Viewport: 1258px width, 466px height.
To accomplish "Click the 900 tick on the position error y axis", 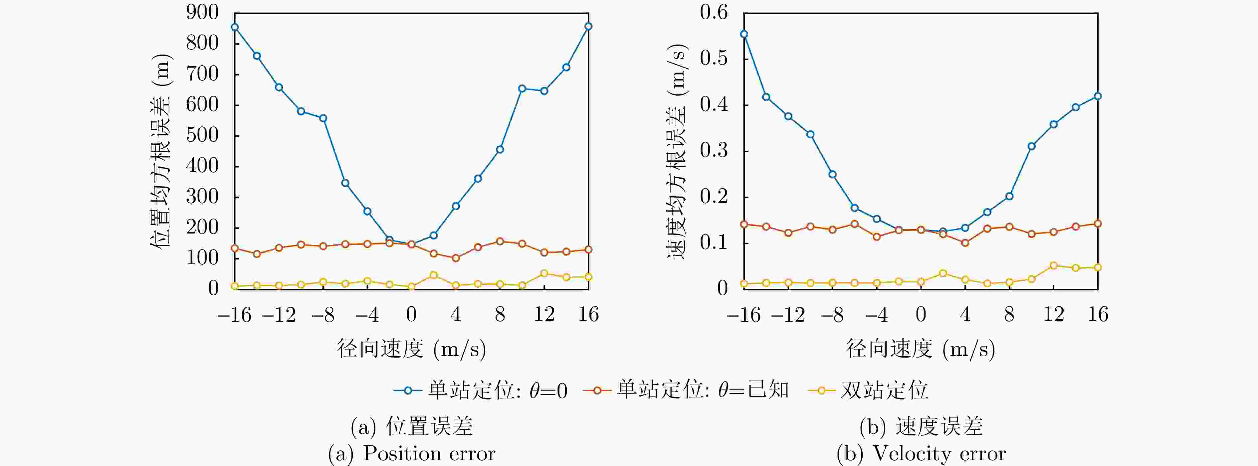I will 202,13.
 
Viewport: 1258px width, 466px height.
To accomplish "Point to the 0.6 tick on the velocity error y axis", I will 714,13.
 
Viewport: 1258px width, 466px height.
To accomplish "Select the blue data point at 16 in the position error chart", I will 588,26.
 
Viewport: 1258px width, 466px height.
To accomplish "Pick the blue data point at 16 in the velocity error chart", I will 1098,96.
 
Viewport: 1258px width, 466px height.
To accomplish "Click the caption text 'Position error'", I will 429,454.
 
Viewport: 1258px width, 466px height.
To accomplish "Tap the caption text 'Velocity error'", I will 939,454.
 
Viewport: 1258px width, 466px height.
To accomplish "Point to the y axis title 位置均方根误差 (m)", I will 161,151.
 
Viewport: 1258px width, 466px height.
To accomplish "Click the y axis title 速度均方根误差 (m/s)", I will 677,151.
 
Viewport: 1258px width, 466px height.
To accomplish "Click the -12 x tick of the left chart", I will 279,315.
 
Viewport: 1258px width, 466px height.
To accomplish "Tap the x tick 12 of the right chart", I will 1053,315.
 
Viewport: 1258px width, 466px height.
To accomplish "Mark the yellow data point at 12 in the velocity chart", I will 1053,265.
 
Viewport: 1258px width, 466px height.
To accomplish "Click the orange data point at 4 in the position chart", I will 456,258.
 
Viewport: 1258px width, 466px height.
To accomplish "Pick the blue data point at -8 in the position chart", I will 323,118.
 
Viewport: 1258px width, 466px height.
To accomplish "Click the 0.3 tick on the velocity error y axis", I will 714,151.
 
